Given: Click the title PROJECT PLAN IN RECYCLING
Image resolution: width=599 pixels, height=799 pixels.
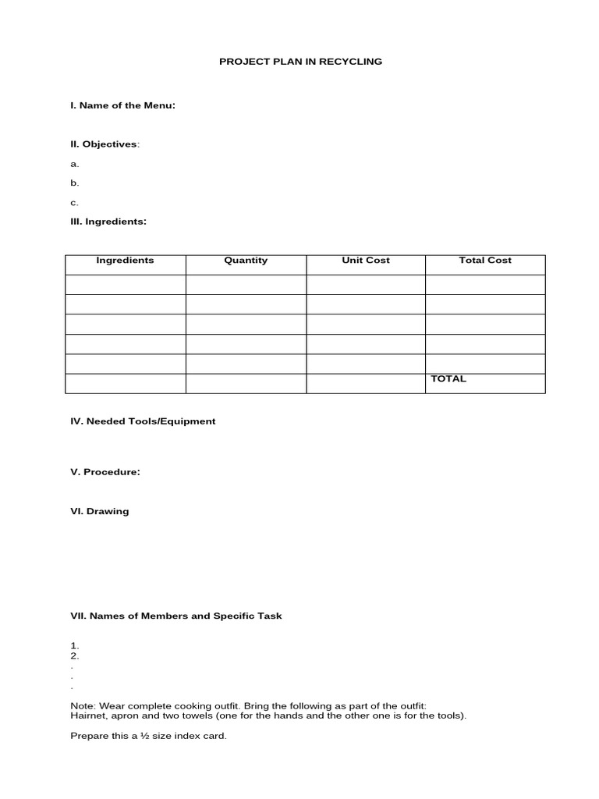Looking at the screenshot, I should (300, 61).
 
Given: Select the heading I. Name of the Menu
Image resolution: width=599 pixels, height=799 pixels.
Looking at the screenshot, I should (122, 105).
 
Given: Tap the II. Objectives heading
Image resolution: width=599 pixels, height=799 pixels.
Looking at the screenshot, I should (105, 144).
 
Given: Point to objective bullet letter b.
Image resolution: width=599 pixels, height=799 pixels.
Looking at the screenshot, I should (75, 183).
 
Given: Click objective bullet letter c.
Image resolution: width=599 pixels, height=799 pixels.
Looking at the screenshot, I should (74, 202).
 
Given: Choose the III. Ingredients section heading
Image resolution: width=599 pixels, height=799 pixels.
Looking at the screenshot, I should (108, 222).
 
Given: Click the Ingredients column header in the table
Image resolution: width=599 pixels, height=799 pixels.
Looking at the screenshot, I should (125, 261).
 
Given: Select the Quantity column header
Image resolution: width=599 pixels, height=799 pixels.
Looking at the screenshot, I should (246, 261).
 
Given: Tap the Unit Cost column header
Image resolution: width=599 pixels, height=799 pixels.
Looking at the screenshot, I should (366, 261).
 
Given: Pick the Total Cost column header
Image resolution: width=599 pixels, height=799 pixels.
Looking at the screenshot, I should (485, 261).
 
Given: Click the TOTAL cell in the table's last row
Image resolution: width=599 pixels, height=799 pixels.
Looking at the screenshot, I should (448, 379).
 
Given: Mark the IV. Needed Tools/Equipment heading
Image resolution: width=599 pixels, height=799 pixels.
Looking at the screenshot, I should (143, 421).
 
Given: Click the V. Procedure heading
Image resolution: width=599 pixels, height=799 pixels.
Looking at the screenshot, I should (105, 472).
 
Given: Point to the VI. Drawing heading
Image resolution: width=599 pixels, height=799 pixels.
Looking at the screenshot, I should (100, 512).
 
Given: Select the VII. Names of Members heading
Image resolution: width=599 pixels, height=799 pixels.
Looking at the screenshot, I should (176, 616).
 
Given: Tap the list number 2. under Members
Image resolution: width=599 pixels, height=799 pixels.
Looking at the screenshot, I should (75, 656).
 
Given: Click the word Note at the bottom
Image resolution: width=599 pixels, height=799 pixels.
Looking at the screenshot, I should (81, 705).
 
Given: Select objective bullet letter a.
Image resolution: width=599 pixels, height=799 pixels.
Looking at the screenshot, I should (75, 164).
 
